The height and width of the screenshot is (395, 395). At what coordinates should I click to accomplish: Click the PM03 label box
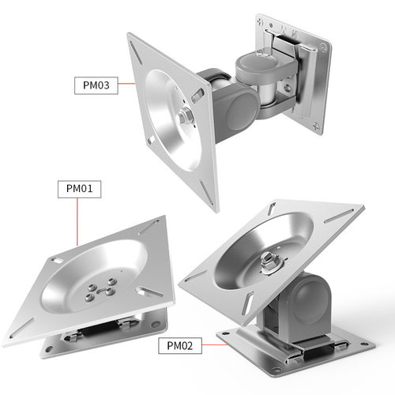click(96, 85)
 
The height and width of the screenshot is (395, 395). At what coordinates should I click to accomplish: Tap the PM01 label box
click(79, 189)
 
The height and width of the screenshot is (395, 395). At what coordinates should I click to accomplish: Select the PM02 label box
click(180, 345)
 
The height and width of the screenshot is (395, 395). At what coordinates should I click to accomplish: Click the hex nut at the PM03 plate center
click(186, 116)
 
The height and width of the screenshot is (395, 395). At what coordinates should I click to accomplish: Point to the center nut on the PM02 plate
click(269, 261)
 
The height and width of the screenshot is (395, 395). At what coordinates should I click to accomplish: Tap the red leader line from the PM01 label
click(77, 222)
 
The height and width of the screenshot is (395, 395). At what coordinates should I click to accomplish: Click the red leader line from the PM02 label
click(215, 344)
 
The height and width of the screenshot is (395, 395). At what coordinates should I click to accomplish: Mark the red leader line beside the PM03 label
click(126, 84)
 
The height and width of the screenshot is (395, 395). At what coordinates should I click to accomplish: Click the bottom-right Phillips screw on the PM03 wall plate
click(317, 126)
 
